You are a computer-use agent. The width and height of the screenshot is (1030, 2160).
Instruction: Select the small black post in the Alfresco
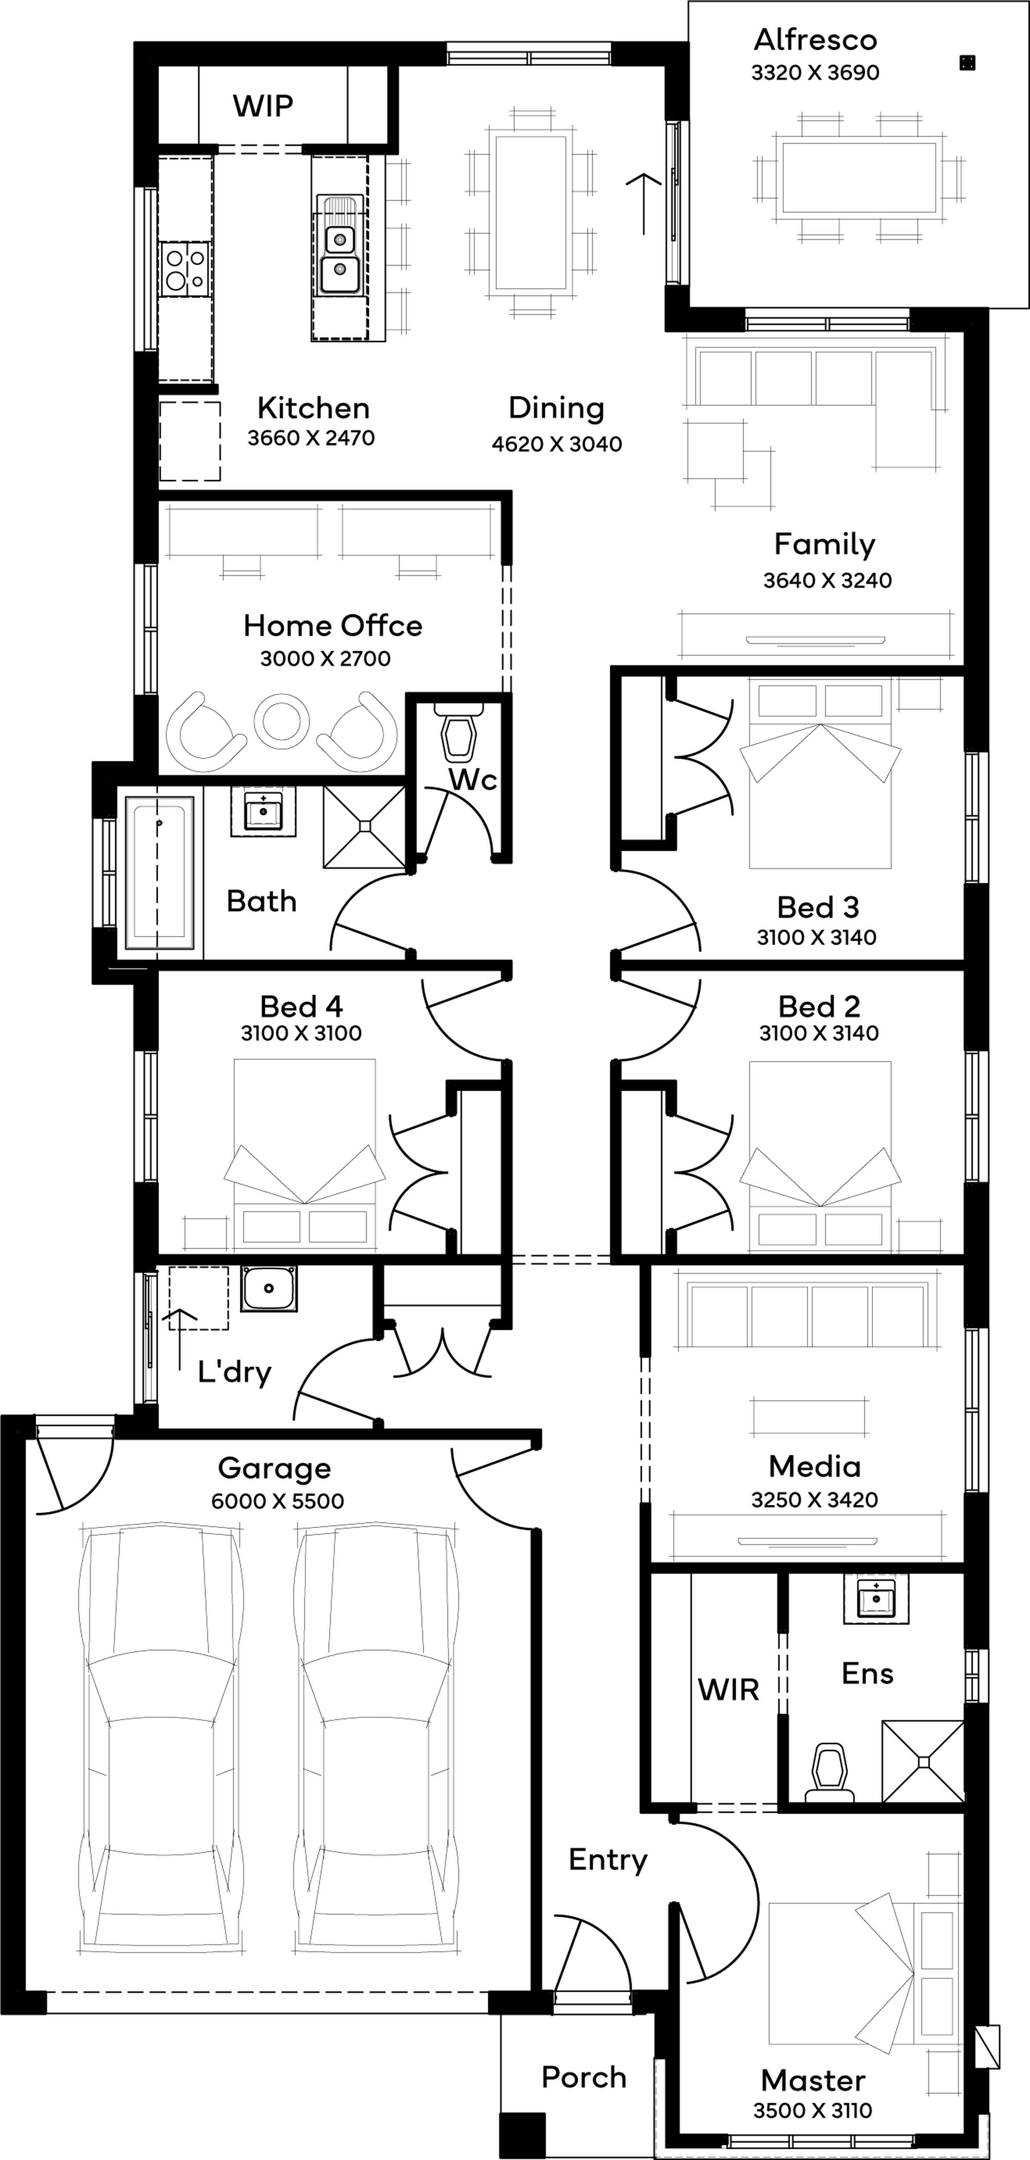point(967,62)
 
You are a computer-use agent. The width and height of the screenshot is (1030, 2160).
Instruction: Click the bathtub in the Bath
point(159,871)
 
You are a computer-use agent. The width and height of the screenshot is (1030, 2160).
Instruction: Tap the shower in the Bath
point(364,827)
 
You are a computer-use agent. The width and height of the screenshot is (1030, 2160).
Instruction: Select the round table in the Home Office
point(282,721)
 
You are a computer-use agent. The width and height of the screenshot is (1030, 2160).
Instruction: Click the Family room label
point(825,544)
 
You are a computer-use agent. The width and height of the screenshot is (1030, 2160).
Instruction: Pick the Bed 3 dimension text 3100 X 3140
point(816,938)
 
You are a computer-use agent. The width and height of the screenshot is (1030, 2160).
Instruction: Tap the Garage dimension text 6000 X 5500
point(278,1501)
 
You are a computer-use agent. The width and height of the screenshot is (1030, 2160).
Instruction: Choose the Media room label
point(814,1467)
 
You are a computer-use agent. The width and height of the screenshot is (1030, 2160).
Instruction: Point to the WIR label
point(728,1690)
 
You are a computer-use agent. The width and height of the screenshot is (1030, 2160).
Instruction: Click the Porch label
point(584,2078)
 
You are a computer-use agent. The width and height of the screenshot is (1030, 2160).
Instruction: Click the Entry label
point(608,1860)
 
